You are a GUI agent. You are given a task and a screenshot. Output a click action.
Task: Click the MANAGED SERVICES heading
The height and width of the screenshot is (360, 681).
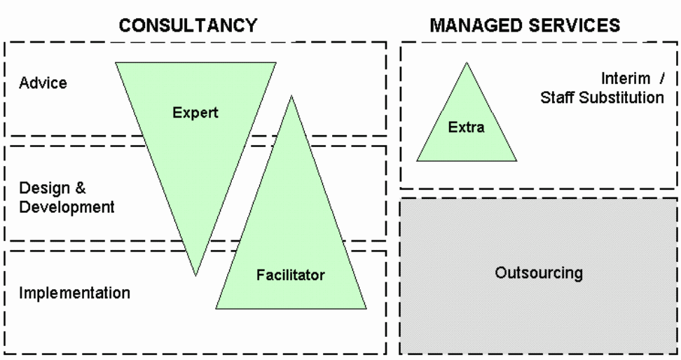(525, 26)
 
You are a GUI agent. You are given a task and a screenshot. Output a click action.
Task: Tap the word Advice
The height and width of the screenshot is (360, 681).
(43, 83)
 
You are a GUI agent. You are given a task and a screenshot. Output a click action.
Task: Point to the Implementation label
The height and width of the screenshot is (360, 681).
(74, 293)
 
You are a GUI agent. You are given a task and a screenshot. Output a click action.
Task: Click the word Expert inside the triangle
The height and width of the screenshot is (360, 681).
(197, 112)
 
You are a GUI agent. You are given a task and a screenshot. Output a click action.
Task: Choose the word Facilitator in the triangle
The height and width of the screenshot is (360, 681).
(290, 275)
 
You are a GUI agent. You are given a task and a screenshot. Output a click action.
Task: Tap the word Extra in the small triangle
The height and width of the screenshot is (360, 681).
(467, 127)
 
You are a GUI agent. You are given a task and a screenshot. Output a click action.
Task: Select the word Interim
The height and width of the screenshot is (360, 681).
(624, 78)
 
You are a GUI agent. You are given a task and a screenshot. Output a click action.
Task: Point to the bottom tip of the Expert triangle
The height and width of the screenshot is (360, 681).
(195, 275)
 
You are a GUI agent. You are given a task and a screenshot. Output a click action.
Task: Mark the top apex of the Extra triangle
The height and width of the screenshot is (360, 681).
(467, 62)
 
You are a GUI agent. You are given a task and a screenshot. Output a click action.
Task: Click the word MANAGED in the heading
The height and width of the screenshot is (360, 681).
(471, 26)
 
